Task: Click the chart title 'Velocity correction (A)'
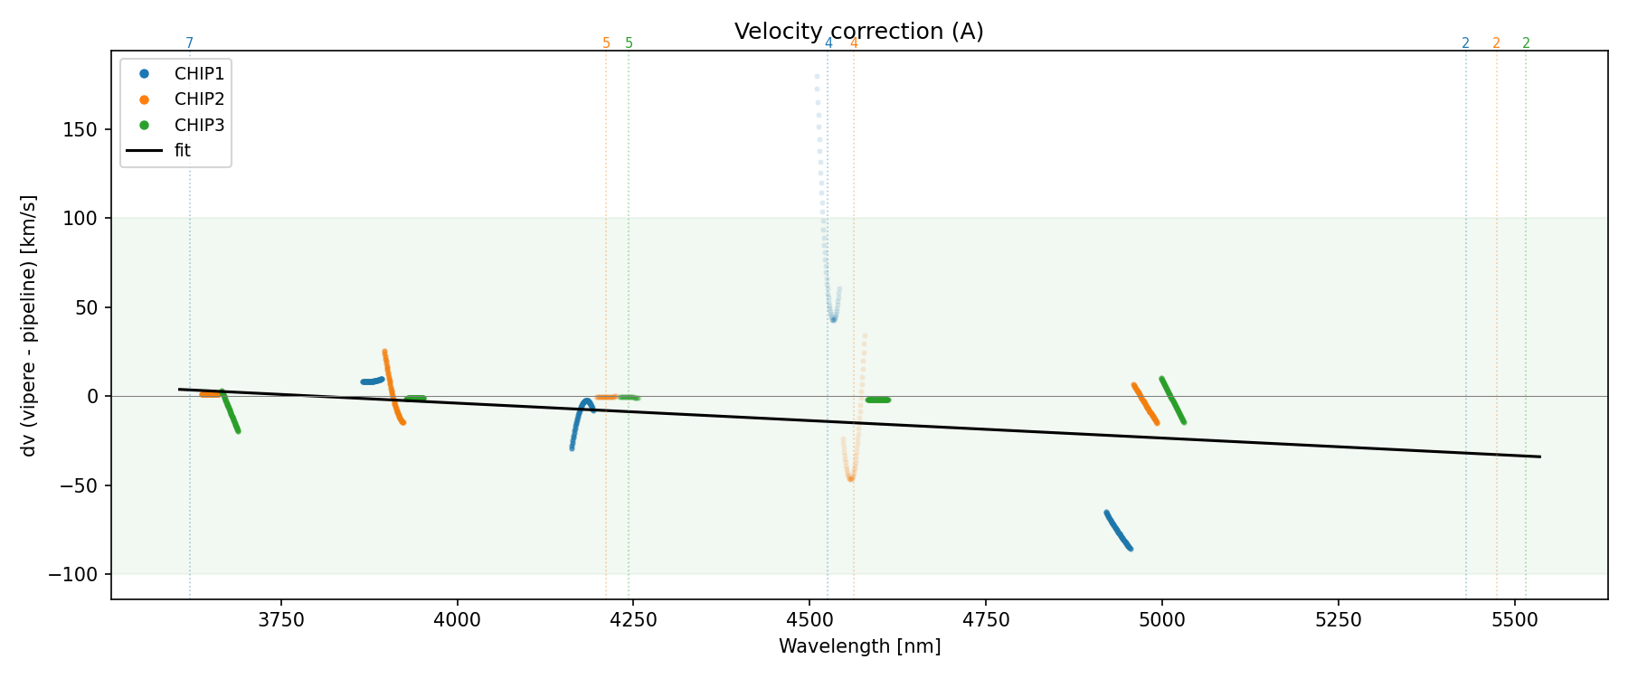(858, 32)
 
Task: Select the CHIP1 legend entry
(199, 74)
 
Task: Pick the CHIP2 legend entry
(199, 99)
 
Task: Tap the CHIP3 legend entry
(199, 125)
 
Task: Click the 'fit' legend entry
(183, 151)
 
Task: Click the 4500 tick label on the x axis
(809, 619)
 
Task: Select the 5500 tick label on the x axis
(1514, 619)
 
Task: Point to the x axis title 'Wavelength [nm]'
(859, 646)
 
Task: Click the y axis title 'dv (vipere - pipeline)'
(29, 325)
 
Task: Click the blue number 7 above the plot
(189, 43)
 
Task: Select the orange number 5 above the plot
(606, 43)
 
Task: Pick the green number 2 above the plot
(1526, 43)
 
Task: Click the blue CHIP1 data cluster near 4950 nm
(1118, 531)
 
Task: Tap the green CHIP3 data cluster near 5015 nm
(1172, 400)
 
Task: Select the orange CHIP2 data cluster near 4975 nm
(1145, 403)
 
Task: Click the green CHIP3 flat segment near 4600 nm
(877, 400)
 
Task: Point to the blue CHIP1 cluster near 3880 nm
(372, 381)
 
